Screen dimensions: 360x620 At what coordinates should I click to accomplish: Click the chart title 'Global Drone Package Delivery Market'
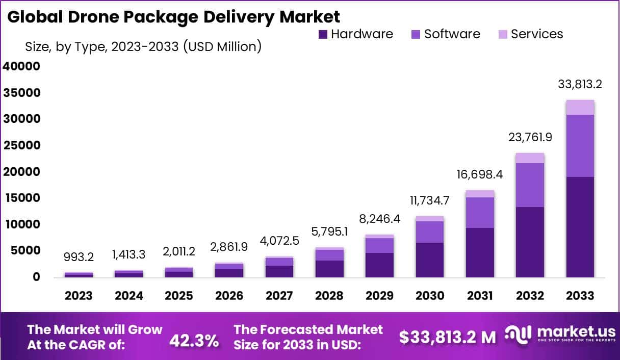173,16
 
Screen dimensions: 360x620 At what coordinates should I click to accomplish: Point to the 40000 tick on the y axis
21,66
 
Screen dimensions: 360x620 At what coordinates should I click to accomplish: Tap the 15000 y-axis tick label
21,198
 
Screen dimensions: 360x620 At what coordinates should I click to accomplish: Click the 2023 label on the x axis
79,296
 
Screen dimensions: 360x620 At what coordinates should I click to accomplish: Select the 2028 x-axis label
329,296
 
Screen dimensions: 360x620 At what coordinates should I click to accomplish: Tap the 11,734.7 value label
429,200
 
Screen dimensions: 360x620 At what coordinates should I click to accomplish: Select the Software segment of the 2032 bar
530,185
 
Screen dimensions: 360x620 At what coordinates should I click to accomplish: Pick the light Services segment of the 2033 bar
580,107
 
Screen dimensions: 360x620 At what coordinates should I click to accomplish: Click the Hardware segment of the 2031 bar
480,252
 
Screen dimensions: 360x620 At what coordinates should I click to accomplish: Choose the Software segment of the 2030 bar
429,232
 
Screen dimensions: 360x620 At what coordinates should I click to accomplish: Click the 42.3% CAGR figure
194,340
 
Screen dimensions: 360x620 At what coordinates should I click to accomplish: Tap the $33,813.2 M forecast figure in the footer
447,337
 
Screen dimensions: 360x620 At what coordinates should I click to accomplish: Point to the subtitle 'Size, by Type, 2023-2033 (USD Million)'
143,47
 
